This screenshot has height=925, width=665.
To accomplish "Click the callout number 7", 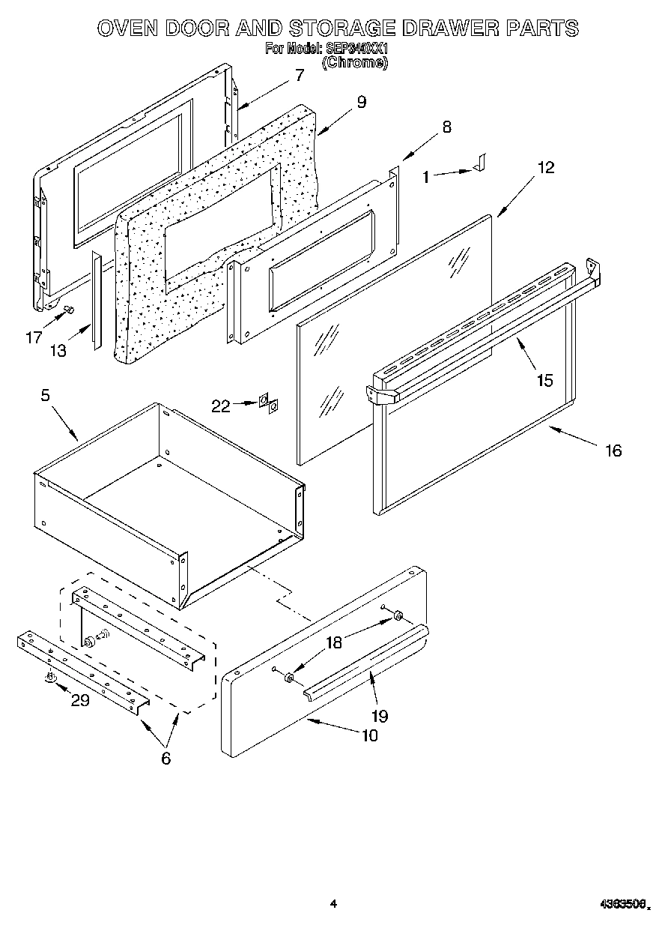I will pyautogui.click(x=299, y=75).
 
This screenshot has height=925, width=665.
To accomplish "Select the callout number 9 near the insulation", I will pyautogui.click(x=361, y=102).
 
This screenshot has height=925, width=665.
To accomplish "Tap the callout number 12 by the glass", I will pyautogui.click(x=546, y=167).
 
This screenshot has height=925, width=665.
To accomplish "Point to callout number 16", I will pyautogui.click(x=613, y=451).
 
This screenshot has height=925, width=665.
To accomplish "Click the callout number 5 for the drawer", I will pyautogui.click(x=45, y=395).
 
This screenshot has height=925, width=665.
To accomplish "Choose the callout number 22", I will pyautogui.click(x=221, y=406).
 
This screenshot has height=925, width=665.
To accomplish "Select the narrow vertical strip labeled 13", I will pyautogui.click(x=95, y=300).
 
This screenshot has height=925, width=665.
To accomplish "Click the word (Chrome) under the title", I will pyautogui.click(x=354, y=63).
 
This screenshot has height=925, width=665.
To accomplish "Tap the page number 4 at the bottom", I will pyautogui.click(x=333, y=905).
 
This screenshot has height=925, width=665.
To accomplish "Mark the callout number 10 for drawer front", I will pyautogui.click(x=369, y=735).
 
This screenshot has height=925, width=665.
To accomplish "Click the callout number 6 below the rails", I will pyautogui.click(x=166, y=758).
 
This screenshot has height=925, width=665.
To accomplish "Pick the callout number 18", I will pyautogui.click(x=333, y=642).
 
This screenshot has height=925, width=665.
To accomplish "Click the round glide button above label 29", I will pyautogui.click(x=51, y=678).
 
